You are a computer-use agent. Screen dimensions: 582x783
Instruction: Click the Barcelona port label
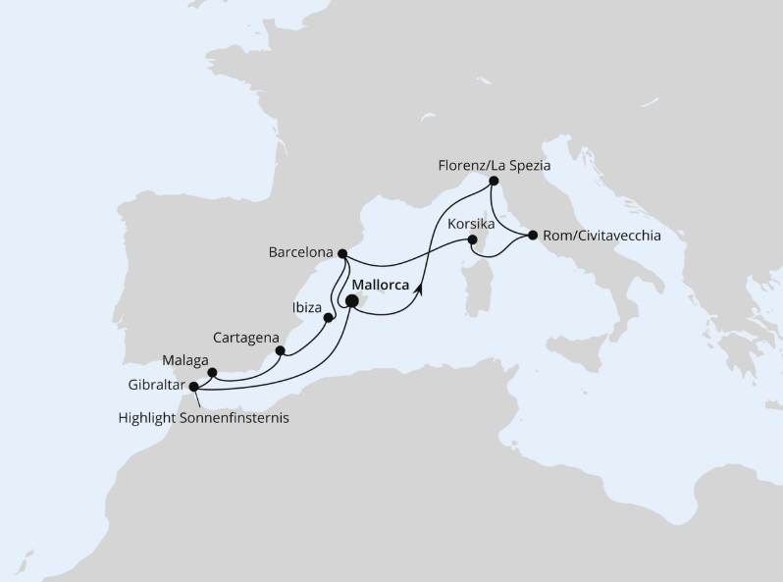pyautogui.click(x=299, y=252)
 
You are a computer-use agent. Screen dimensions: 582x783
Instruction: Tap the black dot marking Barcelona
pyautogui.click(x=342, y=254)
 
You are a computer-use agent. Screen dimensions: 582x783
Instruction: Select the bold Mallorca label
pyautogui.click(x=380, y=285)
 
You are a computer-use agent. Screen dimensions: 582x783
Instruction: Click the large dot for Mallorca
pyautogui.click(x=352, y=301)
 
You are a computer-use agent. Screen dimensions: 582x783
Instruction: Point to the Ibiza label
pyautogui.click(x=307, y=307)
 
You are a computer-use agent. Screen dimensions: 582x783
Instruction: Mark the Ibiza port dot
pyautogui.click(x=329, y=318)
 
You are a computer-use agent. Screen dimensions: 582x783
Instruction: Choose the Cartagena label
pyautogui.click(x=245, y=338)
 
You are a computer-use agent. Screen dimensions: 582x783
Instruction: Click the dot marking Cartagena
pyautogui.click(x=280, y=350)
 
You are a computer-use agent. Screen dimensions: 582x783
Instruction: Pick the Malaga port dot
pyautogui.click(x=213, y=373)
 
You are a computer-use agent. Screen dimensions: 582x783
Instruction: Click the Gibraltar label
pyautogui.click(x=156, y=386)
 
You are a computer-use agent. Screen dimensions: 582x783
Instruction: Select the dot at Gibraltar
pyautogui.click(x=193, y=387)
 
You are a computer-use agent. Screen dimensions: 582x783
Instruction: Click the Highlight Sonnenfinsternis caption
pyautogui.click(x=203, y=417)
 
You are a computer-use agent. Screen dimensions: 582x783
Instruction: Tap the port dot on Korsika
pyautogui.click(x=473, y=239)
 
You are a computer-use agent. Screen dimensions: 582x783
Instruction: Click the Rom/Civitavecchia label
pyautogui.click(x=600, y=236)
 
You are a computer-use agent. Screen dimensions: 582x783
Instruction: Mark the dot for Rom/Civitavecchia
pyautogui.click(x=532, y=236)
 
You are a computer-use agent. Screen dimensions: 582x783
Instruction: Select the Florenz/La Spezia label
pyautogui.click(x=494, y=166)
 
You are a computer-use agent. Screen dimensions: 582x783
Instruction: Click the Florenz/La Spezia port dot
pyautogui.click(x=495, y=181)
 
